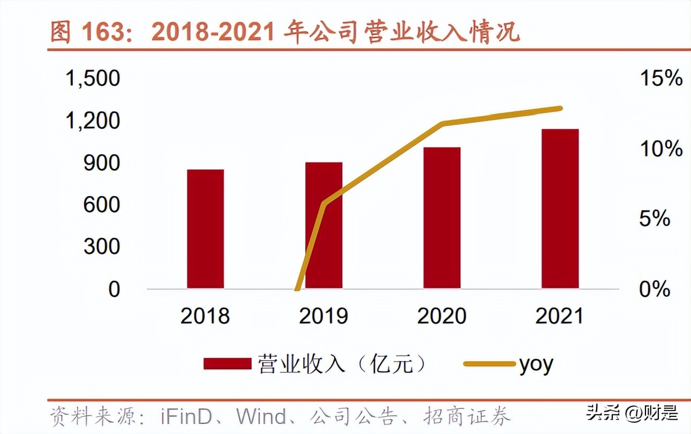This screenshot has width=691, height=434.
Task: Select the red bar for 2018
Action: (205, 229)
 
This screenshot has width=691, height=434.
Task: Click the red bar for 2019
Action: (324, 225)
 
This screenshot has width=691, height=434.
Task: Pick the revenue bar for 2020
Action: (442, 218)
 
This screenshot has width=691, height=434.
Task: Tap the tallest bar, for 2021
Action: (560, 208)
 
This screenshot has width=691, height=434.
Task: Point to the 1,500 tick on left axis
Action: (92, 79)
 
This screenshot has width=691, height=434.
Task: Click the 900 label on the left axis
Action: (102, 163)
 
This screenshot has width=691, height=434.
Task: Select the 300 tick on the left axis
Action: (102, 247)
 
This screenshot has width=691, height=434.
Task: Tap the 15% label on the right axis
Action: (661, 79)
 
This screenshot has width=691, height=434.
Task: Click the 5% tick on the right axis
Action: (655, 219)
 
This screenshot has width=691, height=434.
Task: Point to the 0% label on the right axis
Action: (655, 289)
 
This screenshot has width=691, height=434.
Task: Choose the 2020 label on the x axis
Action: (442, 316)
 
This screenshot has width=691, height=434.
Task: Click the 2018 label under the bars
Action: (205, 316)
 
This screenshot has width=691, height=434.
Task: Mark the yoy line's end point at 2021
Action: (560, 108)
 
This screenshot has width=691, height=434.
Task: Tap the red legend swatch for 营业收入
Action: (227, 364)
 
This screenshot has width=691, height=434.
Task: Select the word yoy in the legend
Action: (536, 364)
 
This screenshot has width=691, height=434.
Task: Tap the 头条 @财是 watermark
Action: (632, 413)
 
